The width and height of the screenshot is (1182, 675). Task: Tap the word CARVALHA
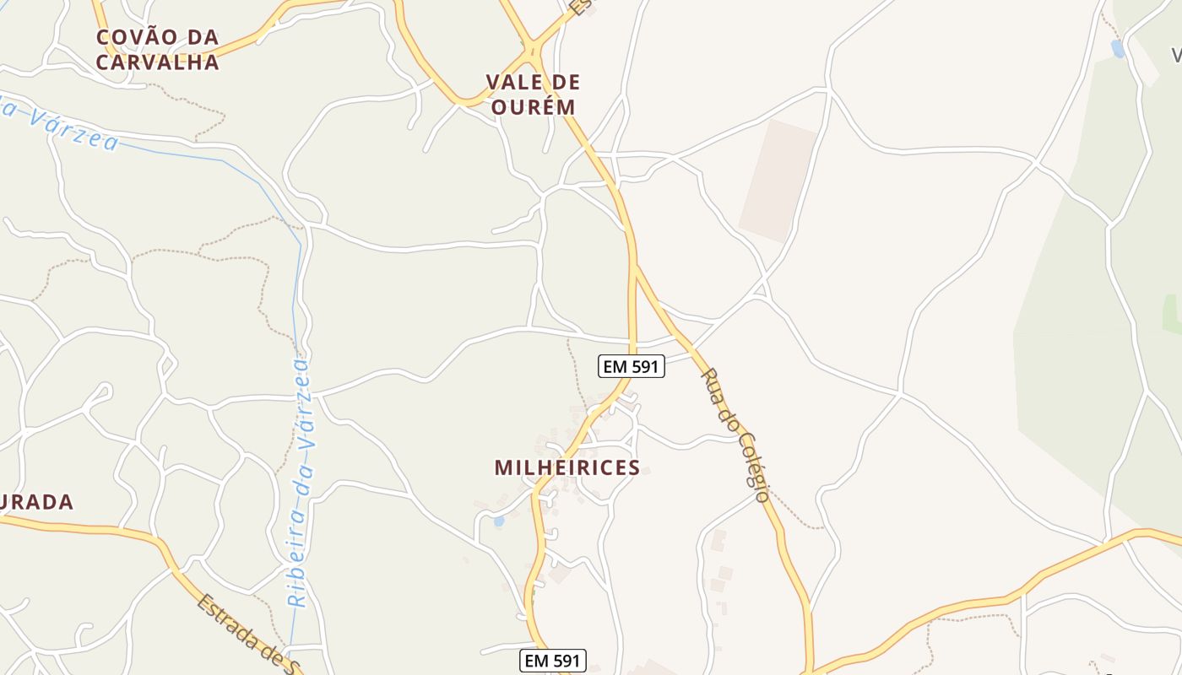coord(157,62)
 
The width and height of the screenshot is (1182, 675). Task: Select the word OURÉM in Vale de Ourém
coord(533,107)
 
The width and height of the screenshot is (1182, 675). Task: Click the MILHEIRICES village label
coord(567,467)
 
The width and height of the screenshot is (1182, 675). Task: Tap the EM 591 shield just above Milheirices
coord(632,366)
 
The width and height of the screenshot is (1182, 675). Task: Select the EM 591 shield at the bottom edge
coord(552,661)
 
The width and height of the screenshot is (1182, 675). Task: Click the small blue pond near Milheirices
coord(498,521)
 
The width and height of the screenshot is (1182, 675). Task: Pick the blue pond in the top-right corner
coord(1118,49)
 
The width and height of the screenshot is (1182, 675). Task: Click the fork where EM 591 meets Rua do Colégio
coord(635,267)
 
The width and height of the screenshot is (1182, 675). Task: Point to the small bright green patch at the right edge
coord(1172,314)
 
